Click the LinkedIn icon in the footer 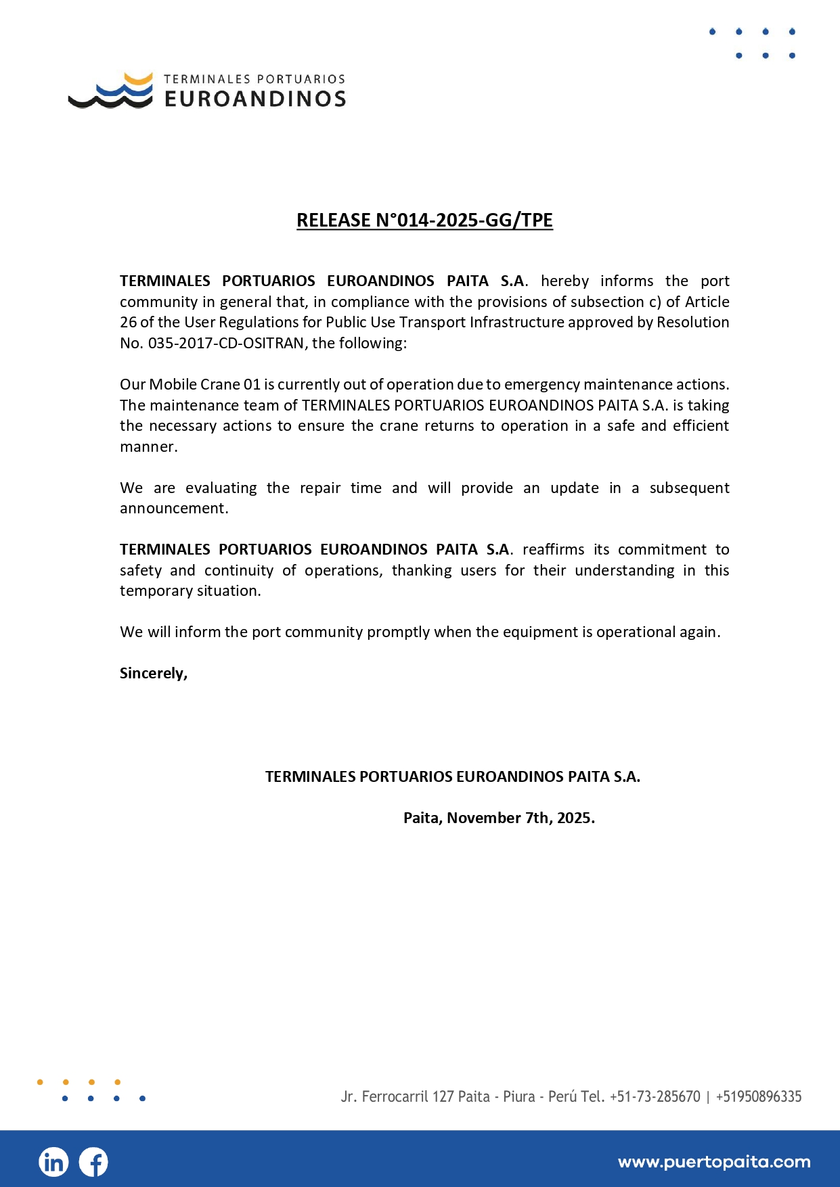coord(53,1162)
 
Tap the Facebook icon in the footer coord(93,1162)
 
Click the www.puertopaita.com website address coord(714,1162)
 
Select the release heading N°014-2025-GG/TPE coord(424,220)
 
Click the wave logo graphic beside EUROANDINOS coord(111,91)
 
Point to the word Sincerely coord(153,673)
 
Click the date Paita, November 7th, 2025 coord(499,818)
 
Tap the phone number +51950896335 coord(759,1096)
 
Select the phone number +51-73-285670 coord(655,1096)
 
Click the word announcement coord(173,508)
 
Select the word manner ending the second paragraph coord(148,446)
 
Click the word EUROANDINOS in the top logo coord(255,99)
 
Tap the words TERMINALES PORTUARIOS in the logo coord(255,79)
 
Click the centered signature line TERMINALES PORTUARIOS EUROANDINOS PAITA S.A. coord(452,776)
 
